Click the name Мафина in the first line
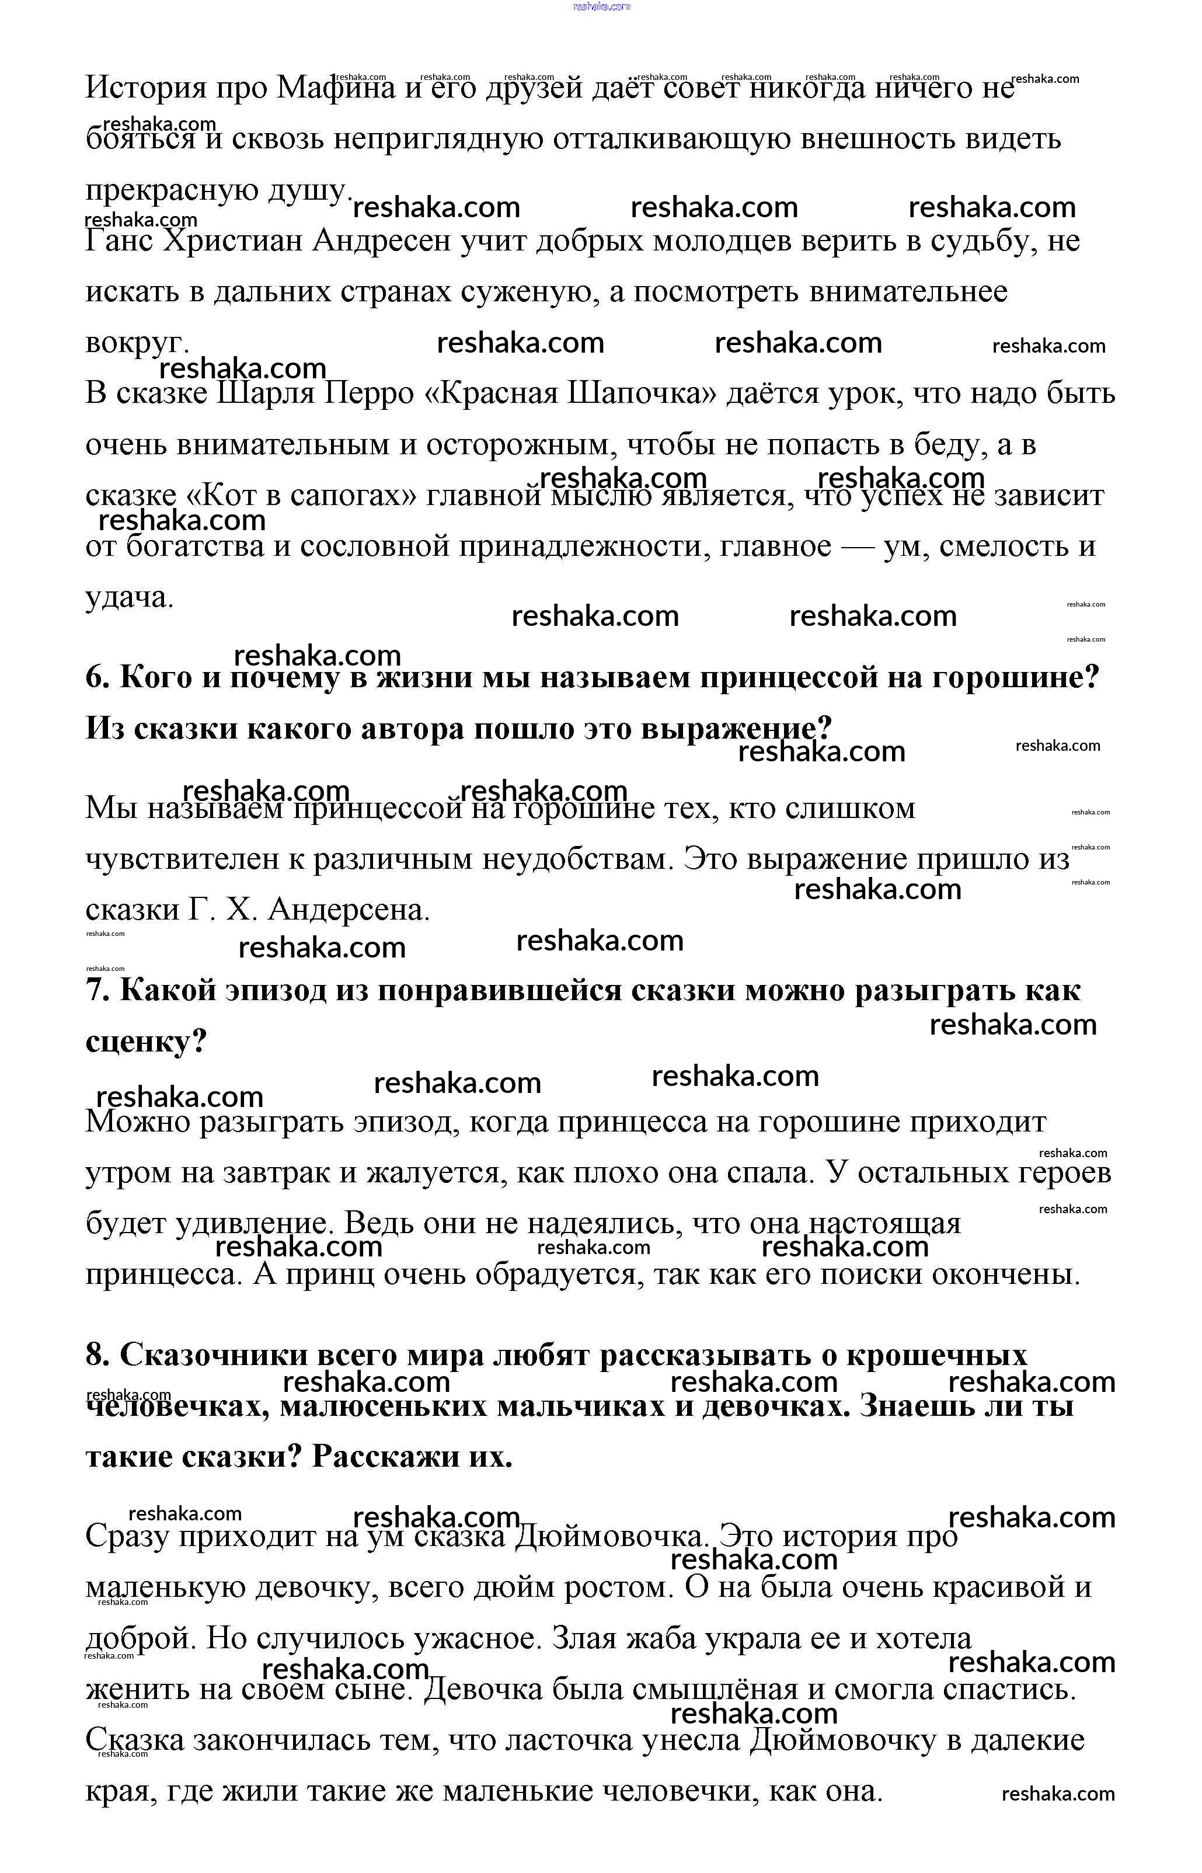tap(336, 88)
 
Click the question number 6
tap(97, 677)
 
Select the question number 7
tap(97, 991)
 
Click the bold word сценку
tap(144, 1042)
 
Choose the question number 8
tap(97, 1356)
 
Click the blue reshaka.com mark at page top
tap(601, 6)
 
